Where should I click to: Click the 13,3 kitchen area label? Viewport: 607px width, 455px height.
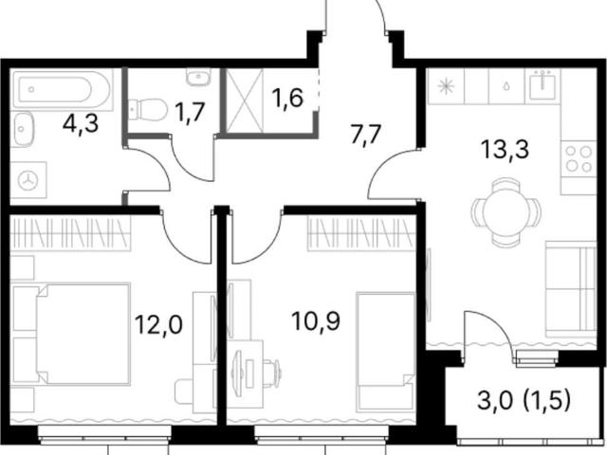[x=506, y=150]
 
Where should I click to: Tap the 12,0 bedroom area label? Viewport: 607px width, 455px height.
[x=158, y=324]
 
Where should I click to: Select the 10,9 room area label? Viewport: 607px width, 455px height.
[x=316, y=321]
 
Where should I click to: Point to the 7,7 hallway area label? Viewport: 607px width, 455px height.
[x=366, y=135]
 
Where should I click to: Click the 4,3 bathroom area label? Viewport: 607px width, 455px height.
[x=81, y=124]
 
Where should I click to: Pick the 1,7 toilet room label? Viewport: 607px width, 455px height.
[x=189, y=113]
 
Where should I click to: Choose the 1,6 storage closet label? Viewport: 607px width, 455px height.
[x=286, y=99]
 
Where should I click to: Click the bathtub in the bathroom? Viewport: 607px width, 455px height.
[x=62, y=89]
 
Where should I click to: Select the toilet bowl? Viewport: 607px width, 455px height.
[x=147, y=110]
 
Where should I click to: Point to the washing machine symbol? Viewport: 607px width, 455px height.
[x=28, y=181]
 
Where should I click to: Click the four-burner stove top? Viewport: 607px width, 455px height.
[x=579, y=159]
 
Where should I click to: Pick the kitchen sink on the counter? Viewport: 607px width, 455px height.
[x=543, y=86]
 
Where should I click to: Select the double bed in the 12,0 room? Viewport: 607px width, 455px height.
[x=83, y=335]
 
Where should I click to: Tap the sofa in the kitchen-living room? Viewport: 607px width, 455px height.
[x=571, y=289]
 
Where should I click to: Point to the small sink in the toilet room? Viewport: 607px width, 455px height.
[x=198, y=78]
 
